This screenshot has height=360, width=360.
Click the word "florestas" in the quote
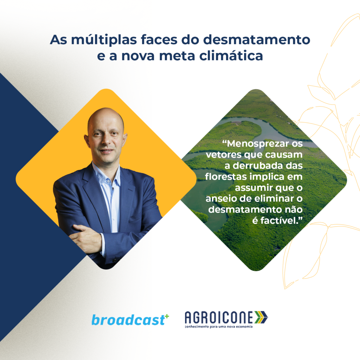coord(226,177)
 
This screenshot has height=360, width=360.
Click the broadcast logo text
coord(128,320)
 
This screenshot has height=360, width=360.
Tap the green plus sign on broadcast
coord(167,317)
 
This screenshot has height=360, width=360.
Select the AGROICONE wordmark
coord(219,317)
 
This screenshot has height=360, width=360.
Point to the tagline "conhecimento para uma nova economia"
coord(219,327)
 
